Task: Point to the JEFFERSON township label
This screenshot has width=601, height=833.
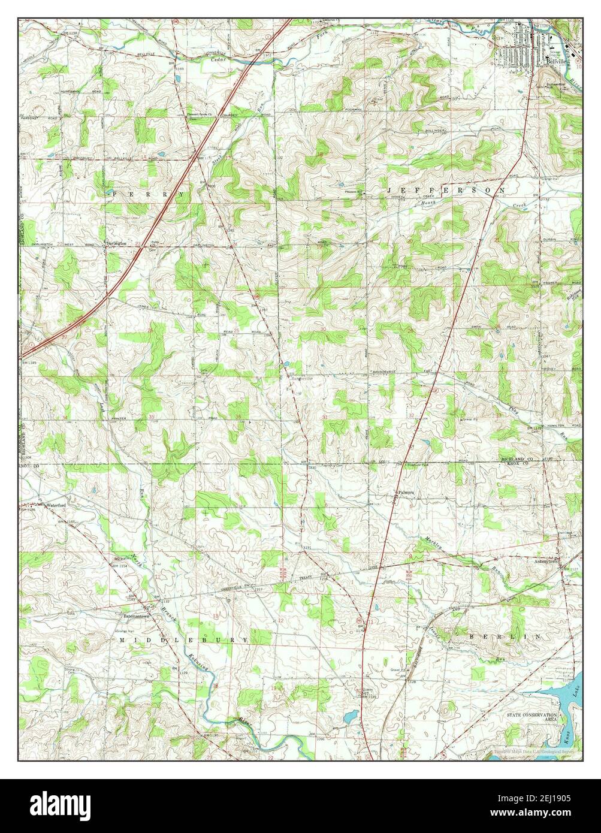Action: [x=445, y=190]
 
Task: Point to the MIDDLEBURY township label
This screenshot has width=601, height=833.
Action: [x=183, y=640]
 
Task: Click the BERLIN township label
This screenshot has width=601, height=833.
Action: [x=505, y=636]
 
